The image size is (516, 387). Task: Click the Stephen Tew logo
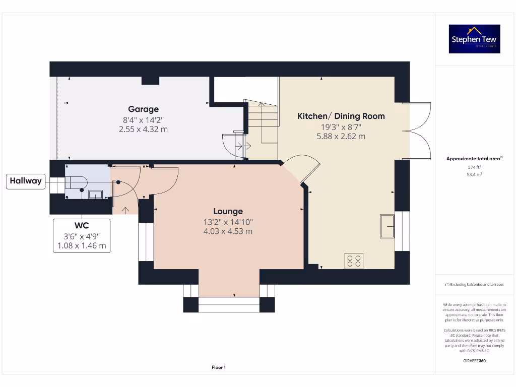pos(475,39)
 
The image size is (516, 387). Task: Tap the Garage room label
pos(143,109)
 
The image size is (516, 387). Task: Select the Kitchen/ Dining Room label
pos(341,116)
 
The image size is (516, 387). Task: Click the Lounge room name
pos(228,212)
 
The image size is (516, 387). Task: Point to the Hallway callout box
pos(25,181)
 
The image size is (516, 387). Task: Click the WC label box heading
pos(81,226)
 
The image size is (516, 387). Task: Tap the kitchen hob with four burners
pos(353,260)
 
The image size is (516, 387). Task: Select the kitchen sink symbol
pos(387,225)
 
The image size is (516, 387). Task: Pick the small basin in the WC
pos(95,194)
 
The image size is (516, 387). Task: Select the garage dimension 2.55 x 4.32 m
pos(143,129)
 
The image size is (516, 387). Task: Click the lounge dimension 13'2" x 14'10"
pos(228,222)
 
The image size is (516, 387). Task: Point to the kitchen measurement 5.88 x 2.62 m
pos(341,136)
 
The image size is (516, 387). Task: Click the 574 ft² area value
pos(474,167)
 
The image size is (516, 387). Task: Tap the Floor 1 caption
pos(218,367)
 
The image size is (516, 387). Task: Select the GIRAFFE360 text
pos(474,361)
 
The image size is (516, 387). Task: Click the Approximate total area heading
pos(474,159)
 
